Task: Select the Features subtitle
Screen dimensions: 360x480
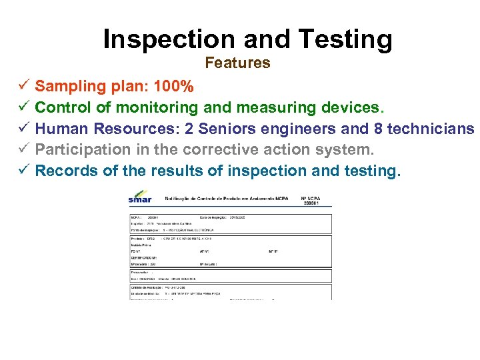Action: [x=237, y=63]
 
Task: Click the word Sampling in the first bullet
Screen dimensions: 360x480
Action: [x=66, y=86]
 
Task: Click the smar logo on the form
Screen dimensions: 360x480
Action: [x=140, y=197]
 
